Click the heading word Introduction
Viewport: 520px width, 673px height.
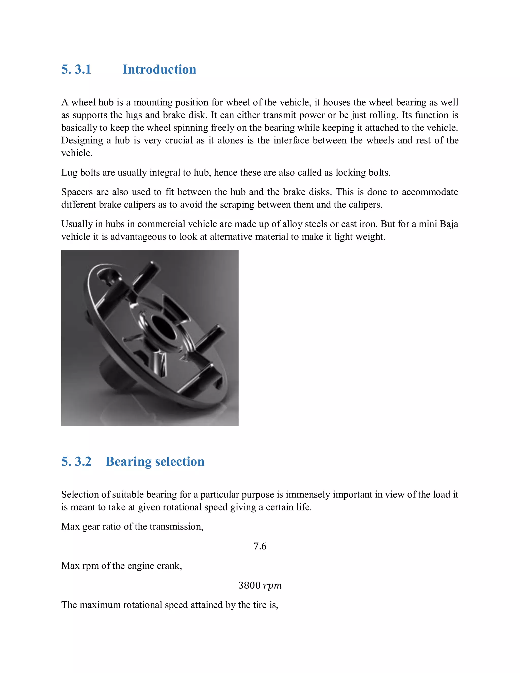(x=159, y=69)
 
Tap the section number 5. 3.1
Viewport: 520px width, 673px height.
(x=76, y=69)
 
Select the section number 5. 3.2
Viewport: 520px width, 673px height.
(x=76, y=462)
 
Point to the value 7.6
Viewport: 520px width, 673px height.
(x=260, y=546)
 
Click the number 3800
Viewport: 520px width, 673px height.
(x=249, y=585)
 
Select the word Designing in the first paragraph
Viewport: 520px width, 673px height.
(x=82, y=140)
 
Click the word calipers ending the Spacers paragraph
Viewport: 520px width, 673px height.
(x=365, y=205)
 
